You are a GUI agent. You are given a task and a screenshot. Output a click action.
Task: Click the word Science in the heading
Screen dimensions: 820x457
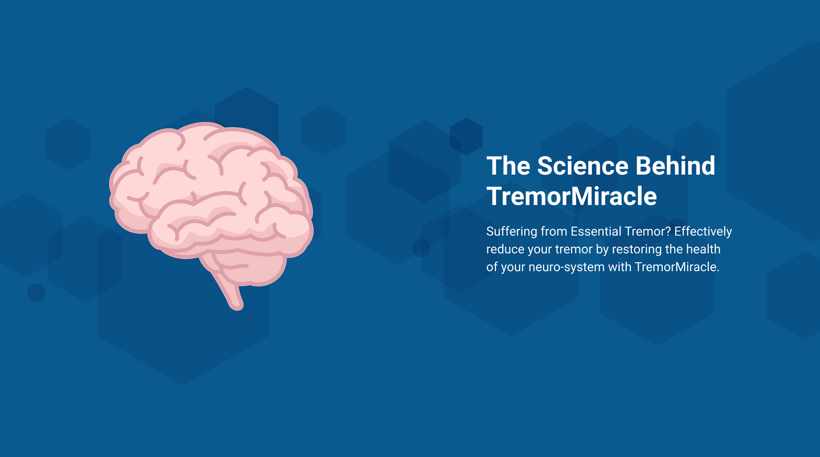pyautogui.click(x=582, y=166)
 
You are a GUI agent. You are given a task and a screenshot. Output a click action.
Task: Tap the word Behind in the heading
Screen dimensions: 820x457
pyautogui.click(x=675, y=166)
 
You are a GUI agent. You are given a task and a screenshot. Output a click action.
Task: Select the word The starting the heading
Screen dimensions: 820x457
pyautogui.click(x=508, y=166)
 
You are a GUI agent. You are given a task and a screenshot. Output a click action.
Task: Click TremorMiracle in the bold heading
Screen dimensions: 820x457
pyautogui.click(x=571, y=197)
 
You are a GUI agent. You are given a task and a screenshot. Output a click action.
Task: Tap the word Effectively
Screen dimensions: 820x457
pyautogui.click(x=703, y=231)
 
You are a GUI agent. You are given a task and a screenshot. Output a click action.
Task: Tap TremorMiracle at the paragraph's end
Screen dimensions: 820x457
pyautogui.click(x=677, y=267)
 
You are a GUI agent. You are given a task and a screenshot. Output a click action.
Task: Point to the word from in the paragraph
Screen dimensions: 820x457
pyautogui.click(x=553, y=231)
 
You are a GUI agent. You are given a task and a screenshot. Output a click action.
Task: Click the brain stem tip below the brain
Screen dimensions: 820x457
pyautogui.click(x=237, y=307)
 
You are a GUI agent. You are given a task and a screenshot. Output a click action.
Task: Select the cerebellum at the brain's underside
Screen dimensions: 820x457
pyautogui.click(x=249, y=269)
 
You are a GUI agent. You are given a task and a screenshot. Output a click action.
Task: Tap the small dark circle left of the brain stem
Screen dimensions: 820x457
pyautogui.click(x=36, y=293)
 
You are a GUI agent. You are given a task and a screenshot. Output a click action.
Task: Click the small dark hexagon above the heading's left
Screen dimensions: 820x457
pyautogui.click(x=466, y=136)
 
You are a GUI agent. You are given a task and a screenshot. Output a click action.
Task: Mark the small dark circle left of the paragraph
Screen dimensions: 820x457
pyautogui.click(x=421, y=248)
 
